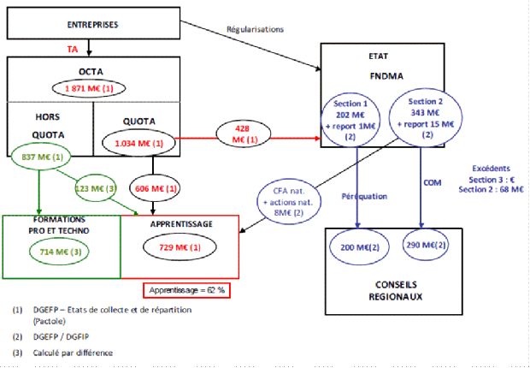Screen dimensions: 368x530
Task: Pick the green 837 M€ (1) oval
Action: [x=40, y=157]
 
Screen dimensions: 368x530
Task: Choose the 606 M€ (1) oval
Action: [x=153, y=187]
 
